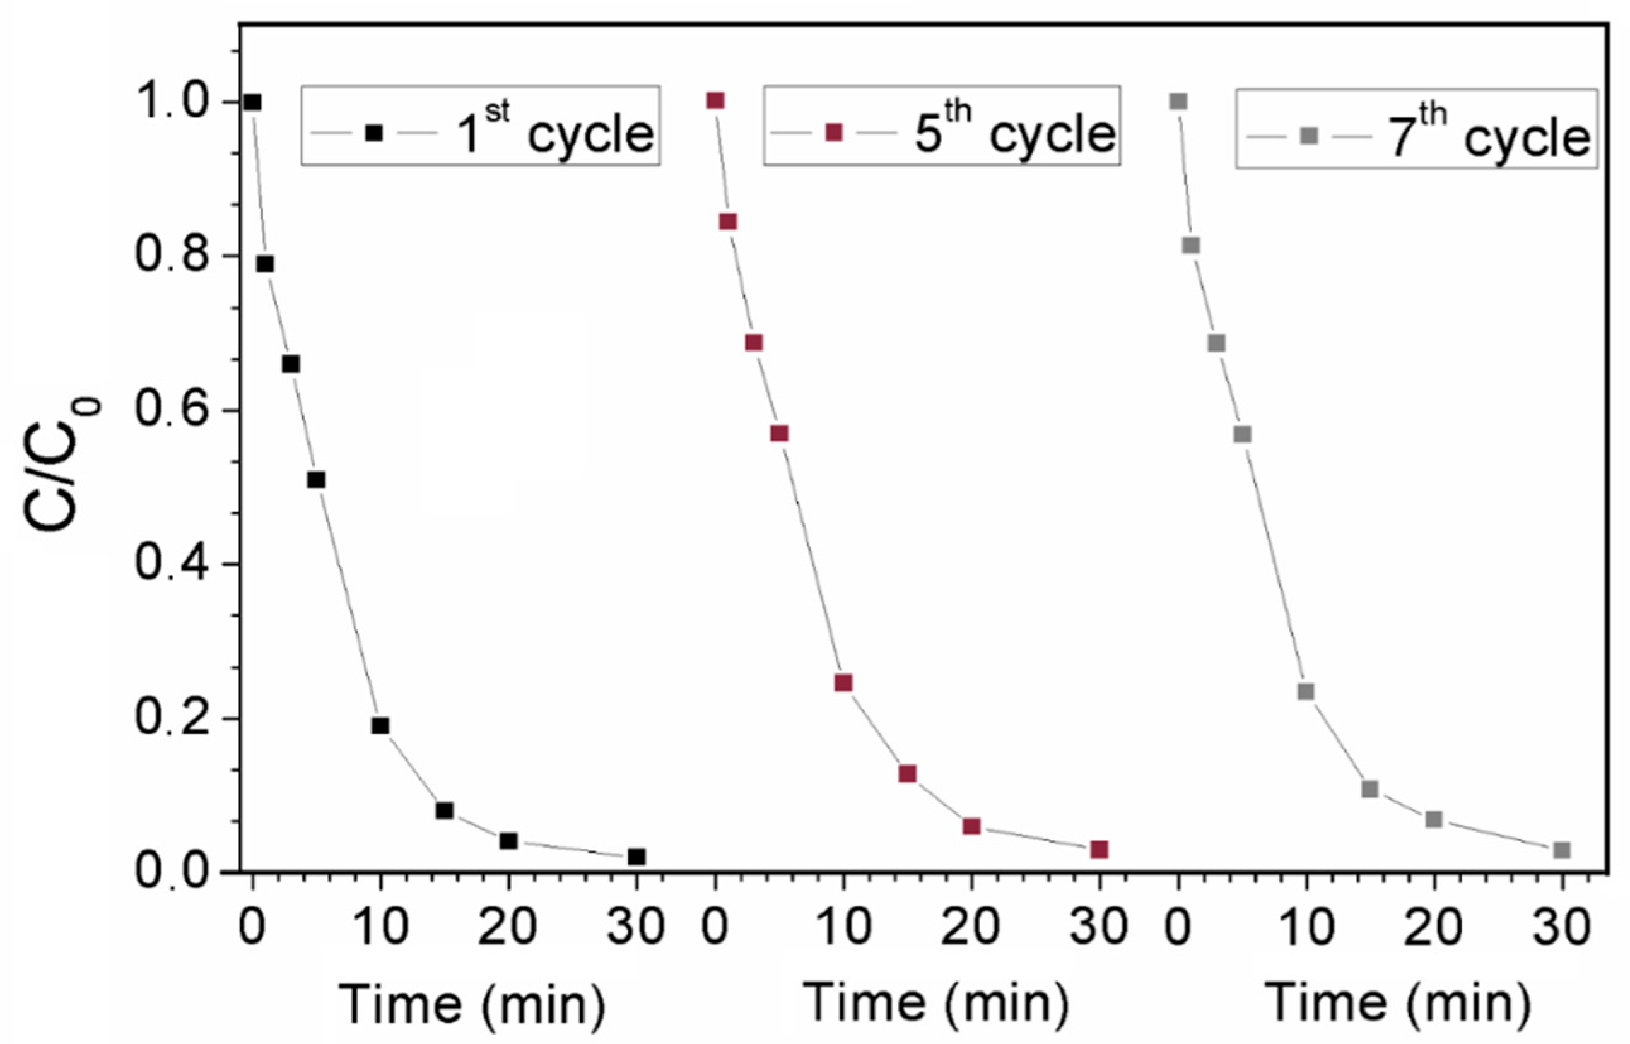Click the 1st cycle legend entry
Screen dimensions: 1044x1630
(x=480, y=126)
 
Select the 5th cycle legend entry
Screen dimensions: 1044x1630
(x=942, y=126)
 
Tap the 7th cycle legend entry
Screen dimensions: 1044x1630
(x=1416, y=129)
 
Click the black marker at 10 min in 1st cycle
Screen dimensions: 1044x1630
(x=380, y=726)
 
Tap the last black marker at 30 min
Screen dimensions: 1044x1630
(x=636, y=857)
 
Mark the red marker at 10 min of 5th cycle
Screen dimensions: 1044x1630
(x=843, y=683)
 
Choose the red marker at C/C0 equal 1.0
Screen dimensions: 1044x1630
(x=715, y=101)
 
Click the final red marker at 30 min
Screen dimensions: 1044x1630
(x=1099, y=850)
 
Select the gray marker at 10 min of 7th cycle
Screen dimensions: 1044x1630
(x=1306, y=692)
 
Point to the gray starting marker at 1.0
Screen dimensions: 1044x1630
(x=1178, y=102)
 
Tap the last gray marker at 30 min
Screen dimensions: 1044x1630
(x=1562, y=850)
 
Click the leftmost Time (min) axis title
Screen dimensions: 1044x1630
(x=472, y=1004)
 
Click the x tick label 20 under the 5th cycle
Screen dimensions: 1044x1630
(x=971, y=927)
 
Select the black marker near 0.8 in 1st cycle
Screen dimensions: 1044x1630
(x=265, y=264)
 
